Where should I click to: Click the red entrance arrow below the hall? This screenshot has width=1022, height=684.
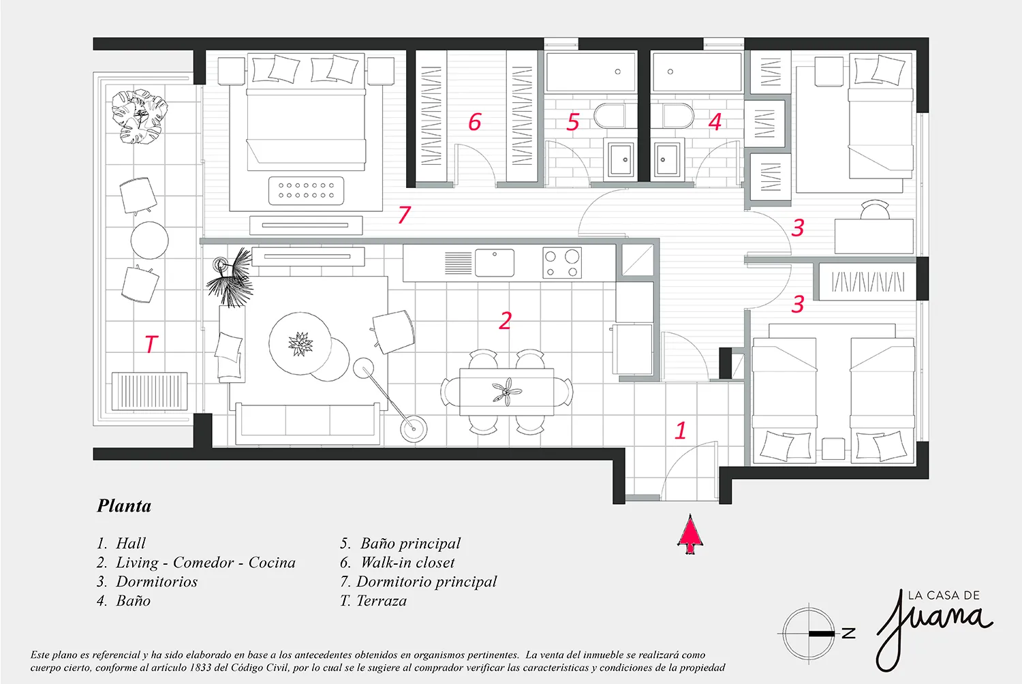tap(691, 534)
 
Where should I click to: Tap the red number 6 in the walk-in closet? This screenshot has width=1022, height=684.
tap(475, 122)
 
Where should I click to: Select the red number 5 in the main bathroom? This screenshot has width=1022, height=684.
tap(573, 123)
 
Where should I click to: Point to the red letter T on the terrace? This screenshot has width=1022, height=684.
tap(151, 343)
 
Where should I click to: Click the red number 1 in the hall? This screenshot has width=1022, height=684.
tap(680, 431)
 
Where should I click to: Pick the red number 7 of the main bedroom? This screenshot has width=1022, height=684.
tap(405, 215)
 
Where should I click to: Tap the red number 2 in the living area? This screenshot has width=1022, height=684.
tap(505, 320)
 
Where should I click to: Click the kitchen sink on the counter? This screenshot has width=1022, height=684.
tap(495, 263)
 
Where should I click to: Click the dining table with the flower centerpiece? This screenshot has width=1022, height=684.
tap(506, 392)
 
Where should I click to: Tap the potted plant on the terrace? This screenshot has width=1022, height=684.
tap(139, 117)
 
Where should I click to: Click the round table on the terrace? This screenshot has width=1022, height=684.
tap(149, 240)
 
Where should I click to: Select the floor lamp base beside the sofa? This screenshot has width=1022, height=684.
tap(412, 429)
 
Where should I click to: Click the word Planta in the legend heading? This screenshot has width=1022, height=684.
tap(124, 506)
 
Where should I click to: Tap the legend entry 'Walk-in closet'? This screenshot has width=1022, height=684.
tap(407, 563)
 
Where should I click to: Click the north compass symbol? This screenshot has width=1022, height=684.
tap(809, 634)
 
